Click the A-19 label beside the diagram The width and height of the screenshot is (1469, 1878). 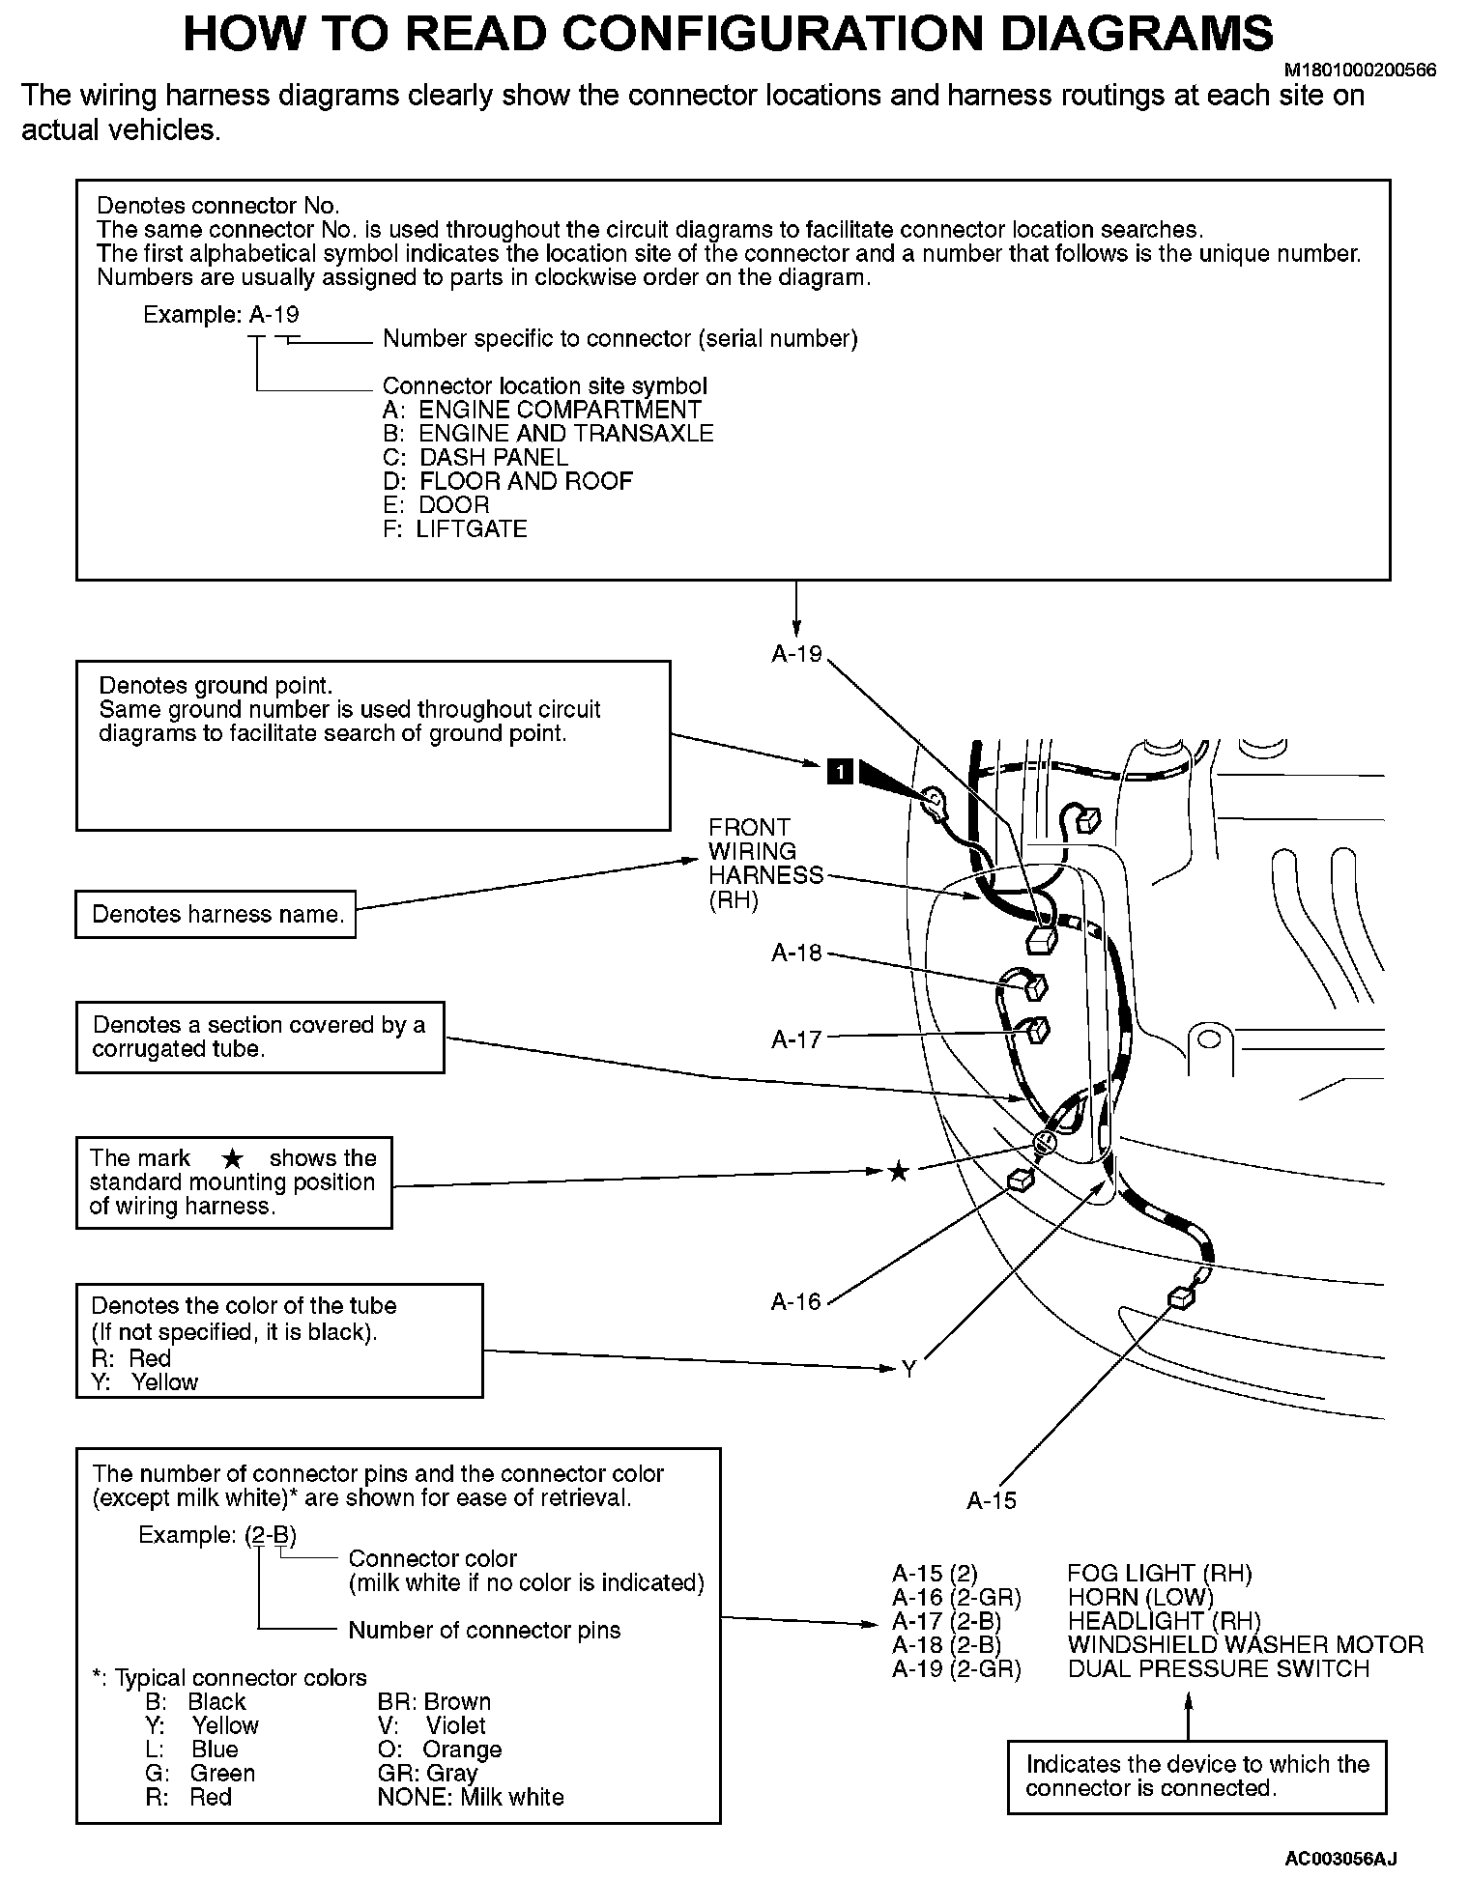pyautogui.click(x=795, y=654)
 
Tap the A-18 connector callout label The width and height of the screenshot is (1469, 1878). pyautogui.click(x=795, y=953)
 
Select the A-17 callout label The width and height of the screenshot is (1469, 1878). pyautogui.click(x=795, y=1039)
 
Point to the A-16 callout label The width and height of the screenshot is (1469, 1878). pyautogui.click(x=795, y=1302)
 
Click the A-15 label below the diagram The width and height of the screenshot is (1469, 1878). pyautogui.click(x=992, y=1500)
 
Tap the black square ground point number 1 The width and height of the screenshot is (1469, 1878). pyautogui.click(x=840, y=771)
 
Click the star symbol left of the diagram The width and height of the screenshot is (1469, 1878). pyautogui.click(x=898, y=1172)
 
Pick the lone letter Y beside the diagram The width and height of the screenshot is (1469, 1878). pyautogui.click(x=908, y=1369)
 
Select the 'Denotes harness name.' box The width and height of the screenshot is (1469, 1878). pyautogui.click(x=216, y=914)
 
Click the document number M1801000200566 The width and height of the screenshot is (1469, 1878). pyautogui.click(x=1360, y=71)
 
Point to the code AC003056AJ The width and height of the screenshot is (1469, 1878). pyautogui.click(x=1340, y=1858)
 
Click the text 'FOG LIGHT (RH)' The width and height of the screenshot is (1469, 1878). pyautogui.click(x=1159, y=1574)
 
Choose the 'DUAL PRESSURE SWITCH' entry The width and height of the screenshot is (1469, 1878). pyautogui.click(x=1218, y=1669)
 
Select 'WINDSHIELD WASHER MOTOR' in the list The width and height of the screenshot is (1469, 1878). pyautogui.click(x=1245, y=1645)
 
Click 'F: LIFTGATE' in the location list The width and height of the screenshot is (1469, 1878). pyautogui.click(x=455, y=529)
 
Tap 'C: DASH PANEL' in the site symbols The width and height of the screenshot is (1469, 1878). pyautogui.click(x=475, y=458)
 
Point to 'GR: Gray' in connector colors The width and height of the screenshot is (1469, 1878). pyautogui.click(x=427, y=1774)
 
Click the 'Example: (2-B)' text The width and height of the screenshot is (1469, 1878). pyautogui.click(x=217, y=1535)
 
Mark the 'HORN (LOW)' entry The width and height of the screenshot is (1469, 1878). pyautogui.click(x=1139, y=1598)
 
